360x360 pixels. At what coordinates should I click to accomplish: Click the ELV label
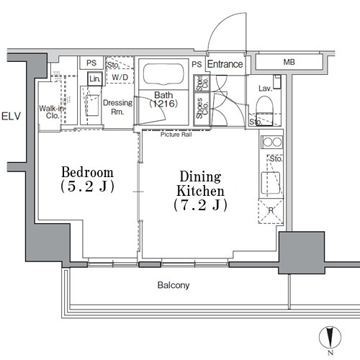pyautogui.click(x=11, y=116)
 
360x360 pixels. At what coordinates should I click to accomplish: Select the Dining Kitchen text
pyautogui.click(x=200, y=184)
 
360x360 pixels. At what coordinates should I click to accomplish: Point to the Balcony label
pyautogui.click(x=174, y=285)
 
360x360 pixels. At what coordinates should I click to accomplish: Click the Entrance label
pyautogui.click(x=225, y=65)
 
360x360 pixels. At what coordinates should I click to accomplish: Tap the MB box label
pyautogui.click(x=289, y=63)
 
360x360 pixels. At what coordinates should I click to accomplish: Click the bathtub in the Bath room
pyautogui.click(x=162, y=75)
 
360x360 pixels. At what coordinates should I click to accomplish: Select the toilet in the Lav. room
pyautogui.click(x=264, y=108)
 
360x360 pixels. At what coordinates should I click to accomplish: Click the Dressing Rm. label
pyautogui.click(x=117, y=107)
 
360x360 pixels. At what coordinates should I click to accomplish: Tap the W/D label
pyautogui.click(x=119, y=78)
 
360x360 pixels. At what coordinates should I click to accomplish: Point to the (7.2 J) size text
pyautogui.click(x=200, y=206)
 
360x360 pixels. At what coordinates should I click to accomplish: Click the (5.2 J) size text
pyautogui.click(x=87, y=186)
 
